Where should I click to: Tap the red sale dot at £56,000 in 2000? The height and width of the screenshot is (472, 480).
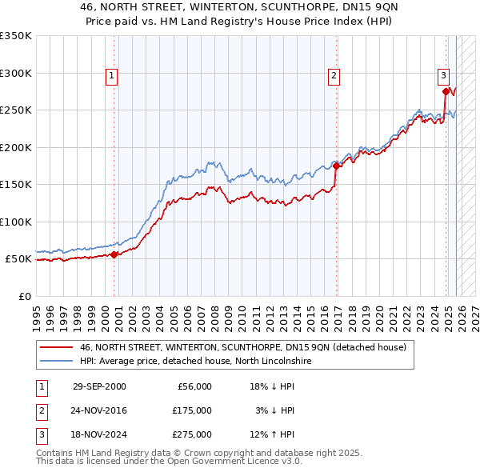click(114, 254)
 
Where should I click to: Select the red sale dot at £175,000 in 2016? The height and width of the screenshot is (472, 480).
click(336, 166)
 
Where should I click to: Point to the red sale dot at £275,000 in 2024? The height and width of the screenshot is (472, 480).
click(446, 92)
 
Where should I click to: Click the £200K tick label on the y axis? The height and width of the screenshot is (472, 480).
click(15, 147)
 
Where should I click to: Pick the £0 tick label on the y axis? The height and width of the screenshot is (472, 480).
click(24, 296)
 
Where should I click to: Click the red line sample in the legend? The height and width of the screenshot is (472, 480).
click(56, 347)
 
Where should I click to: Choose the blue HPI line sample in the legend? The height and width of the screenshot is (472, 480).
click(56, 361)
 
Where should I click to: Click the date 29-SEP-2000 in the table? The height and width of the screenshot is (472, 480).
click(99, 386)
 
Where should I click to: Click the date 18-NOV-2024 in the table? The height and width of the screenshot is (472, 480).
click(99, 434)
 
